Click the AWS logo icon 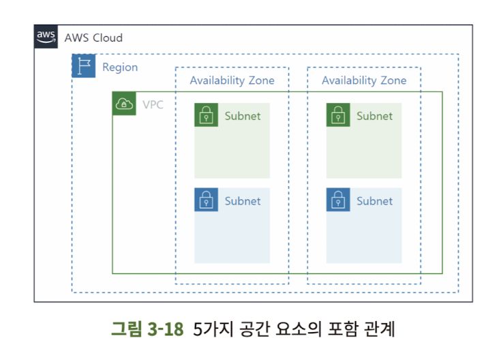(46, 37)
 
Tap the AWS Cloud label (93, 37)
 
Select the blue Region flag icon (84, 66)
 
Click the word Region (120, 67)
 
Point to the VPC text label (153, 105)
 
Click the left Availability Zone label (232, 80)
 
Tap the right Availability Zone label (364, 80)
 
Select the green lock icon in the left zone (205, 115)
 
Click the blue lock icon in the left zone (205, 200)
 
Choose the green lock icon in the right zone (337, 115)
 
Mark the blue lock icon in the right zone (337, 200)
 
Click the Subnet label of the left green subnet (243, 116)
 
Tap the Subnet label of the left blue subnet (243, 201)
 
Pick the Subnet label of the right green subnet (374, 116)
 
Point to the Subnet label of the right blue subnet (374, 201)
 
